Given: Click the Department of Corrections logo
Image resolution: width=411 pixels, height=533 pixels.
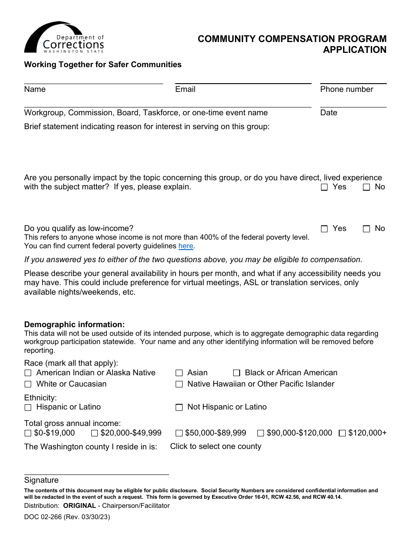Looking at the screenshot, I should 64,38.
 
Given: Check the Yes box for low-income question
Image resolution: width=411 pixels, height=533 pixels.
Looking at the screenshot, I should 324,229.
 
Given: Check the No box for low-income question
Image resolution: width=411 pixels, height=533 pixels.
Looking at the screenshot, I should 366,229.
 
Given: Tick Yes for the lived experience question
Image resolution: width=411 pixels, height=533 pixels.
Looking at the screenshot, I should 324,187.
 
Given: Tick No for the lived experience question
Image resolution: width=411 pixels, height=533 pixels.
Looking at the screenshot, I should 366,187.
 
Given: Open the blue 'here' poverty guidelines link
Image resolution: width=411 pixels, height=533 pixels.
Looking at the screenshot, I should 186,246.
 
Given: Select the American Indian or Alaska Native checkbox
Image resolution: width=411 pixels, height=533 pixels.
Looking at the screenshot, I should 28,373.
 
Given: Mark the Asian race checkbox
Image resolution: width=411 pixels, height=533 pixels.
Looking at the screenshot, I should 179,373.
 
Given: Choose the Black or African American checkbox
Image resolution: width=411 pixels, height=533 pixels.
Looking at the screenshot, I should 237,373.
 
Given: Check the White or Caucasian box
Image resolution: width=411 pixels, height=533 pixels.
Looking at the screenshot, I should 28,384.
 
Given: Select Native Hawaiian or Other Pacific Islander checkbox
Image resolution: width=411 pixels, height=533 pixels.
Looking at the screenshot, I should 179,384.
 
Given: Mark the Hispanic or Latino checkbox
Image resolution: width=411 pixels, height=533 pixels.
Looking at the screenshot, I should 28,407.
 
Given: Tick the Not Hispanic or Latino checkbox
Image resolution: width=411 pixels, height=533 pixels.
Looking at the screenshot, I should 179,407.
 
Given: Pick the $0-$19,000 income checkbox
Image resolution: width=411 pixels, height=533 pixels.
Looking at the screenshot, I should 28,433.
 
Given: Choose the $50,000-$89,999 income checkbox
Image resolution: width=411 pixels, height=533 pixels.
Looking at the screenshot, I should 179,433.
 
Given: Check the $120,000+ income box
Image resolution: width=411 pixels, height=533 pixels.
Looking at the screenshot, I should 342,433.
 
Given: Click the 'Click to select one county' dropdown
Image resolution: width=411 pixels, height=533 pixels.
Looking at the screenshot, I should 215,446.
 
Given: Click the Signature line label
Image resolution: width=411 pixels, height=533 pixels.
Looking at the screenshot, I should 42,480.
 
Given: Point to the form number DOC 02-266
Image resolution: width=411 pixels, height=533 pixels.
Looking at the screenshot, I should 67,517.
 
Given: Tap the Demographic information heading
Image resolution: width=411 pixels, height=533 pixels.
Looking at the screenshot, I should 74,325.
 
